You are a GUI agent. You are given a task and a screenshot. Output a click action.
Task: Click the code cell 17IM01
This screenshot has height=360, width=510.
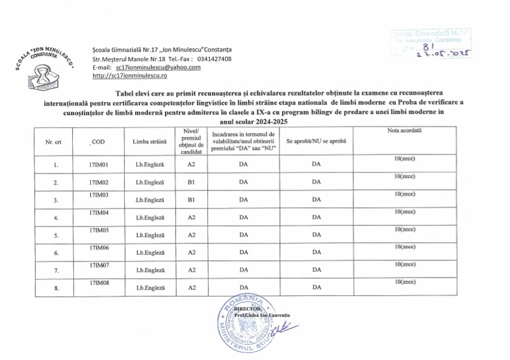pos(98,164)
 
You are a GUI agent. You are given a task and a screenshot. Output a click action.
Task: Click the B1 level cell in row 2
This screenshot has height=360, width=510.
pos(190,182)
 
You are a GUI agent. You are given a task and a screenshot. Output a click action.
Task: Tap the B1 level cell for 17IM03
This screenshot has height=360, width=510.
pos(190,199)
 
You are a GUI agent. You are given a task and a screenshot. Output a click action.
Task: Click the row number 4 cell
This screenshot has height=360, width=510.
pos(56,218)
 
